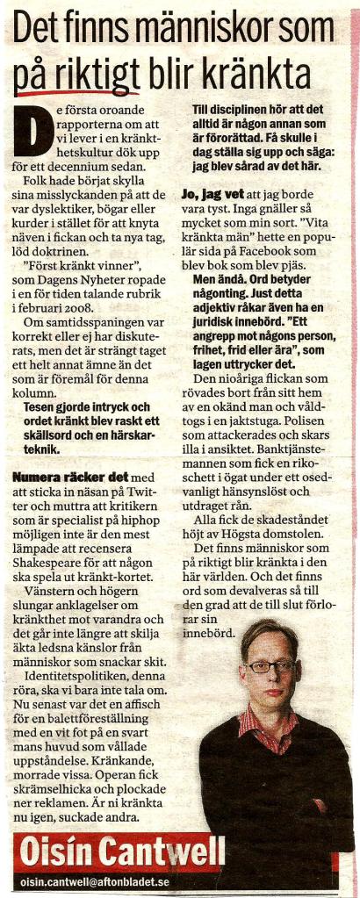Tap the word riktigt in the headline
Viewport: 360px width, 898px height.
click(x=86, y=75)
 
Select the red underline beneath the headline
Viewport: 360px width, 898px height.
click(x=70, y=91)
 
